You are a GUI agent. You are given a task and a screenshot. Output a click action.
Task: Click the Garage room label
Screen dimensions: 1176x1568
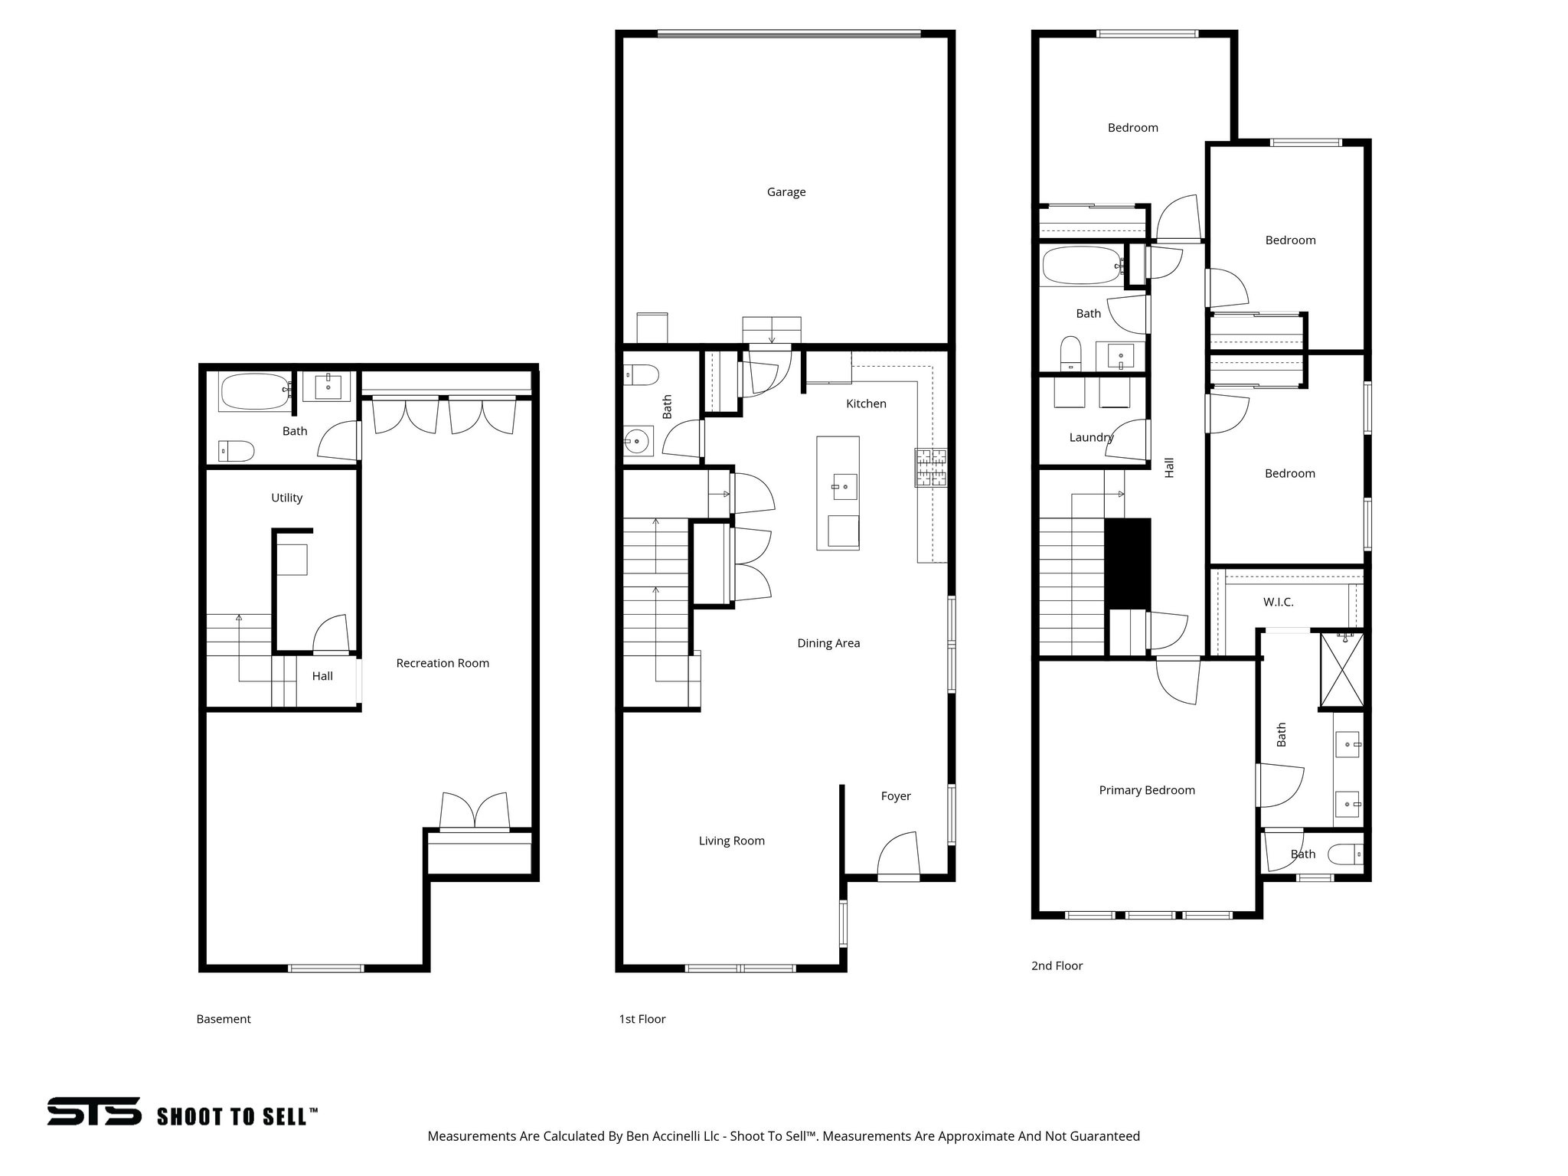point(786,192)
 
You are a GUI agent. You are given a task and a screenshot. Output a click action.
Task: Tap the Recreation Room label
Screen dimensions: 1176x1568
point(443,663)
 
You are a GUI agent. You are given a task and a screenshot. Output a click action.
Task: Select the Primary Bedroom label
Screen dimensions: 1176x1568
point(1146,790)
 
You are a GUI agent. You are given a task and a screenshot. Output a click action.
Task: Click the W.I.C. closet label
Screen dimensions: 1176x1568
point(1278,602)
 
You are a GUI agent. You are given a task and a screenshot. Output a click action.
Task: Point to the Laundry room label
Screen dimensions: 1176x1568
point(1091,437)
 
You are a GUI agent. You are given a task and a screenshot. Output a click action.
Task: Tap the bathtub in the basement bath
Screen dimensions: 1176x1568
point(254,391)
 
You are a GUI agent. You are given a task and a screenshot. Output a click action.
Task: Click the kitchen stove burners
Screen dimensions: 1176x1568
point(930,468)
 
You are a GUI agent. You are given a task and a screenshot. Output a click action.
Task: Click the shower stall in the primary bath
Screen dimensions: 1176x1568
point(1341,668)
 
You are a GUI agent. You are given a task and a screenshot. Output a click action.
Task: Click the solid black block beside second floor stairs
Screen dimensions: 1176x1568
point(1128,563)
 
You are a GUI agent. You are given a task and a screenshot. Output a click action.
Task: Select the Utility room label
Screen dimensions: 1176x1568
point(287,498)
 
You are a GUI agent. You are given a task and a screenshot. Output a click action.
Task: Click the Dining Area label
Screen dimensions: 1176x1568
point(828,643)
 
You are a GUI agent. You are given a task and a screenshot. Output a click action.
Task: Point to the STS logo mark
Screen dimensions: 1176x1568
point(94,1112)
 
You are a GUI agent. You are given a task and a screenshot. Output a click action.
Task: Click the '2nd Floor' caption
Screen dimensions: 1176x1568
point(1057,965)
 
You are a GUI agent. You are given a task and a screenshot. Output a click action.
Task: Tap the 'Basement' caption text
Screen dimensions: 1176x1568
point(224,1019)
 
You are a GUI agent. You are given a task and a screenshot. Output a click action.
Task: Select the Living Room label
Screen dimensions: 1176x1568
point(731,841)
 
